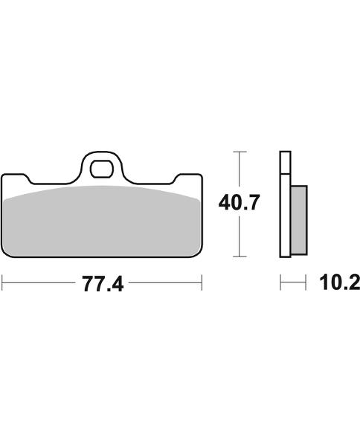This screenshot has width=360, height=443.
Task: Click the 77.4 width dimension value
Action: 102,284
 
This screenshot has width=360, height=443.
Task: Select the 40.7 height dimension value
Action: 238,202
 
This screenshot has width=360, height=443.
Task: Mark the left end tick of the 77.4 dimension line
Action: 2,282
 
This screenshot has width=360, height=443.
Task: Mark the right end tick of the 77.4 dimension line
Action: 202,282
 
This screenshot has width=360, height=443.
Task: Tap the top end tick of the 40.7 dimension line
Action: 238,152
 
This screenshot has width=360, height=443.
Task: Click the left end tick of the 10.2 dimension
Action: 280,282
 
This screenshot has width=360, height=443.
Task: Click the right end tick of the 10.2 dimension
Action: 305,282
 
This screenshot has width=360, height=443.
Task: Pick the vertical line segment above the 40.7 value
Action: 238,171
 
